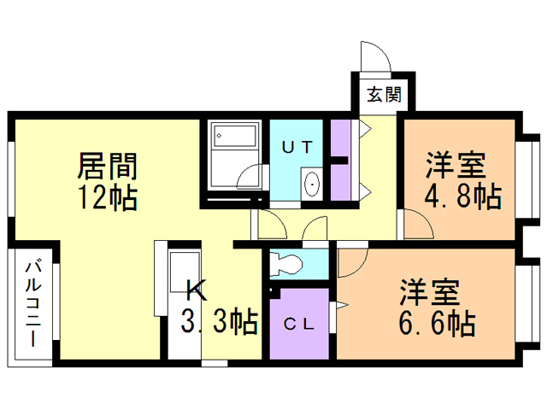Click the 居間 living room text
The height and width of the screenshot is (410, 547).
point(109,165)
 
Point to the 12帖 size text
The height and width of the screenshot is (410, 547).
point(109,197)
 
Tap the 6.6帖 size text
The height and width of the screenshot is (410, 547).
point(436,323)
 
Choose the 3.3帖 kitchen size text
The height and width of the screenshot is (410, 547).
point(220,322)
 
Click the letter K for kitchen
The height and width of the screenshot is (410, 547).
point(197,290)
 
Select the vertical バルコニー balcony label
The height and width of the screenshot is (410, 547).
point(32,303)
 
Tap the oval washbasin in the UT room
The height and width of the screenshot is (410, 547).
point(312,184)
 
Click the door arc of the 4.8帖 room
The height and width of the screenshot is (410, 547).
point(417,227)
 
